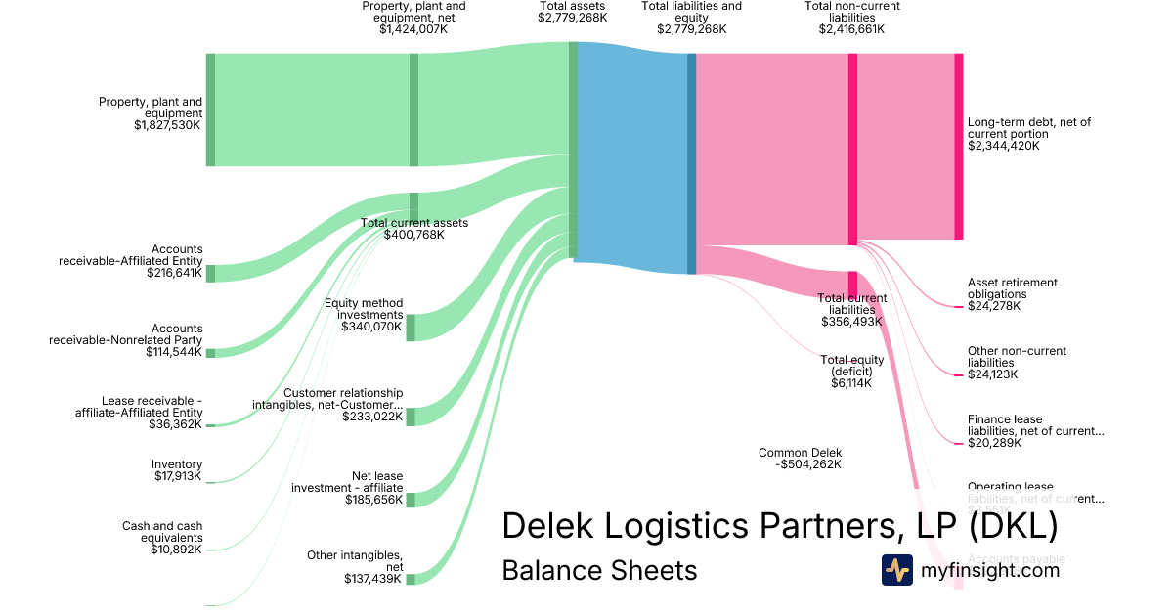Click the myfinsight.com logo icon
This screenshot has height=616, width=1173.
(x=896, y=570)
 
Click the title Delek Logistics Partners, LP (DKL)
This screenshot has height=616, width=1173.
(x=779, y=526)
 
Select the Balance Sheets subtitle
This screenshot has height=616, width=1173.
(x=599, y=570)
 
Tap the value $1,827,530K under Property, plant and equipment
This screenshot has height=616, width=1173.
(x=168, y=125)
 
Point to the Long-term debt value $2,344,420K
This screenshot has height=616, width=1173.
(x=1004, y=146)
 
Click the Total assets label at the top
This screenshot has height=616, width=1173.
(x=572, y=6)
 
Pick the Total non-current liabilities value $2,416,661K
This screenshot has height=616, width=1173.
(x=851, y=29)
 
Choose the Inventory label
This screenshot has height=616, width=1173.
(x=177, y=464)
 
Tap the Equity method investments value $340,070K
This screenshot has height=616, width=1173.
(x=371, y=327)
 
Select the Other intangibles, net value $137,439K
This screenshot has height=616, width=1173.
(x=373, y=579)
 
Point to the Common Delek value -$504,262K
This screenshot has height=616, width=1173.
(x=807, y=464)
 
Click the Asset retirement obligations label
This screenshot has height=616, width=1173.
(x=1012, y=288)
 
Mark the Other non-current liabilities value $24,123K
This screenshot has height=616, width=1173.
(x=992, y=374)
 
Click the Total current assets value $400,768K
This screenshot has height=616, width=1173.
(x=413, y=235)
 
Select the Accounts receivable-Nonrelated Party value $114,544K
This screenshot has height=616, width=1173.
(x=174, y=352)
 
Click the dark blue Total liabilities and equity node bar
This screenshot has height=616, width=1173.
(x=691, y=163)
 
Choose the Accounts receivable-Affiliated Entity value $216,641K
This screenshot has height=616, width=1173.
(x=174, y=274)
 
